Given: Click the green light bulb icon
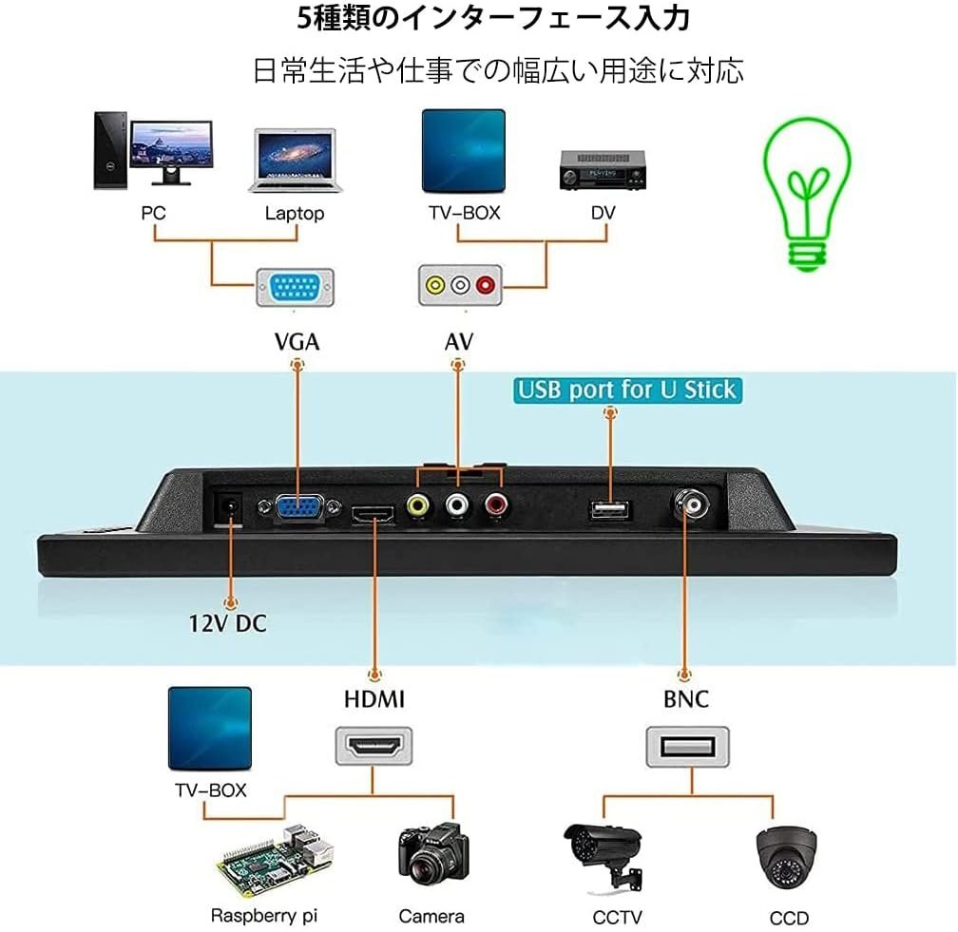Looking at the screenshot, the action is (x=807, y=193).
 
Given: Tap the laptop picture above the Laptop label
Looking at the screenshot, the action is (x=295, y=160).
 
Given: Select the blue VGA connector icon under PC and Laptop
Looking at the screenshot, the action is (x=295, y=287).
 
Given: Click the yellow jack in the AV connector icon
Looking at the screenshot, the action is (x=435, y=285).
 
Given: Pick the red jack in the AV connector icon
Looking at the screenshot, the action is (x=486, y=285).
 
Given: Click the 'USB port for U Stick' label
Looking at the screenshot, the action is (x=627, y=390).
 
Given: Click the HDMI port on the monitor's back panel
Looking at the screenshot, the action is (x=373, y=514).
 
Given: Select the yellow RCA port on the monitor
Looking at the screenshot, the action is (x=418, y=505).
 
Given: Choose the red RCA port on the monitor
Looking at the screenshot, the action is (x=495, y=504).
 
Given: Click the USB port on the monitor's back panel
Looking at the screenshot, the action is (x=610, y=509).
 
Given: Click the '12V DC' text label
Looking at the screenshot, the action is (x=227, y=623).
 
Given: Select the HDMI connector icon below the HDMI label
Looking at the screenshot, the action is (x=374, y=746).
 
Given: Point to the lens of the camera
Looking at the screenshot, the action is (x=425, y=867).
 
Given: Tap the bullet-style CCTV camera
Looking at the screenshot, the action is (x=603, y=856).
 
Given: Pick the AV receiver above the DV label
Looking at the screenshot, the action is (x=603, y=170).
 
